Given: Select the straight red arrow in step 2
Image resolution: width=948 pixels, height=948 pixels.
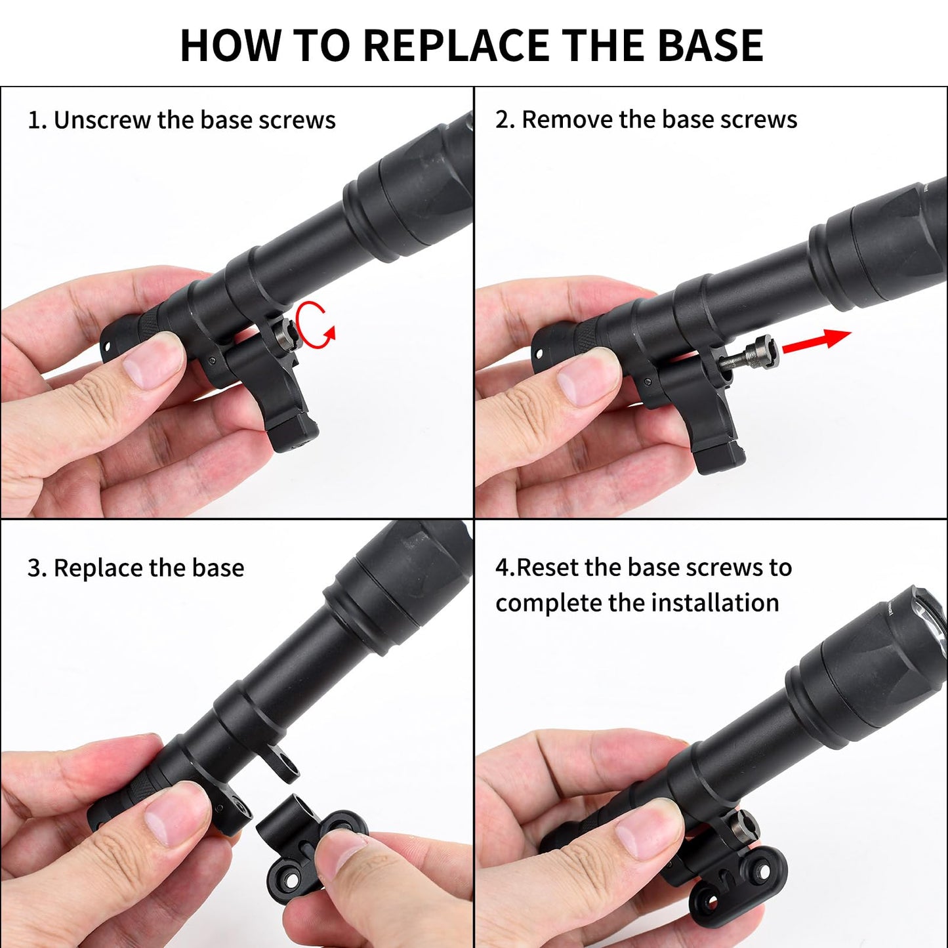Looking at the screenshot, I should tap(816, 342).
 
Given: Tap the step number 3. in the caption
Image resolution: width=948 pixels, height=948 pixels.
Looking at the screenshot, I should tap(37, 567).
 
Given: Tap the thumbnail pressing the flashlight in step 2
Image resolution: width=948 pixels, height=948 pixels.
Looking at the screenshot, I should tap(587, 382).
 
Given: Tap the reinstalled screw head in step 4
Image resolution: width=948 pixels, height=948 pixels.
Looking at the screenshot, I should tap(746, 823).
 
